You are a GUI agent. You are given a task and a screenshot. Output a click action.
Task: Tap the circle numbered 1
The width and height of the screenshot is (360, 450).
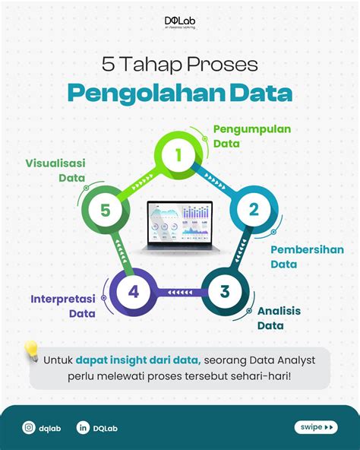pyautogui.click(x=179, y=156)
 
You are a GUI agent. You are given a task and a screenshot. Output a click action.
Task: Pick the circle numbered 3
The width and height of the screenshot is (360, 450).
pyautogui.click(x=225, y=291)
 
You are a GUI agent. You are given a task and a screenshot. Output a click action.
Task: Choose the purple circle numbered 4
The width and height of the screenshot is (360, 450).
pyautogui.click(x=133, y=291)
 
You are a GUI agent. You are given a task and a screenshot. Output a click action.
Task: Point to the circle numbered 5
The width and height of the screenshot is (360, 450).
pyautogui.click(x=105, y=211)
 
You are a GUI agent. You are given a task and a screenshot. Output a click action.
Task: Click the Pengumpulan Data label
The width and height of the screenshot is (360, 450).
pyautogui.click(x=242, y=135)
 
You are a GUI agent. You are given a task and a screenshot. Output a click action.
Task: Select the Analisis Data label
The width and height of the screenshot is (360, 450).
pyautogui.click(x=278, y=318)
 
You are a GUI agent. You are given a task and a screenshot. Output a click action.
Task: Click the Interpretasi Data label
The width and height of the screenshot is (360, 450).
pyautogui.click(x=68, y=306)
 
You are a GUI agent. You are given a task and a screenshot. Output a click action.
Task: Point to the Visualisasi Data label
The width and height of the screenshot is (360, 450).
pyautogui.click(x=55, y=171)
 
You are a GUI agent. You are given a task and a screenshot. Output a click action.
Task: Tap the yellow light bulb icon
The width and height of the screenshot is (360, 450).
pyautogui.click(x=31, y=350)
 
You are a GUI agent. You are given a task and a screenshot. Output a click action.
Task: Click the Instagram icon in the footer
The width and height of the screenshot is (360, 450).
pyautogui.click(x=28, y=428)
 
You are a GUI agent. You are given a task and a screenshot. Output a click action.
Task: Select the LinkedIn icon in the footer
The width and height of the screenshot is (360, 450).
pyautogui.click(x=83, y=428)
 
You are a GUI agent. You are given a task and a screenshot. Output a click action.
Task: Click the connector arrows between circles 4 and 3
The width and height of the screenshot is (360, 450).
pyautogui.click(x=179, y=292)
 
